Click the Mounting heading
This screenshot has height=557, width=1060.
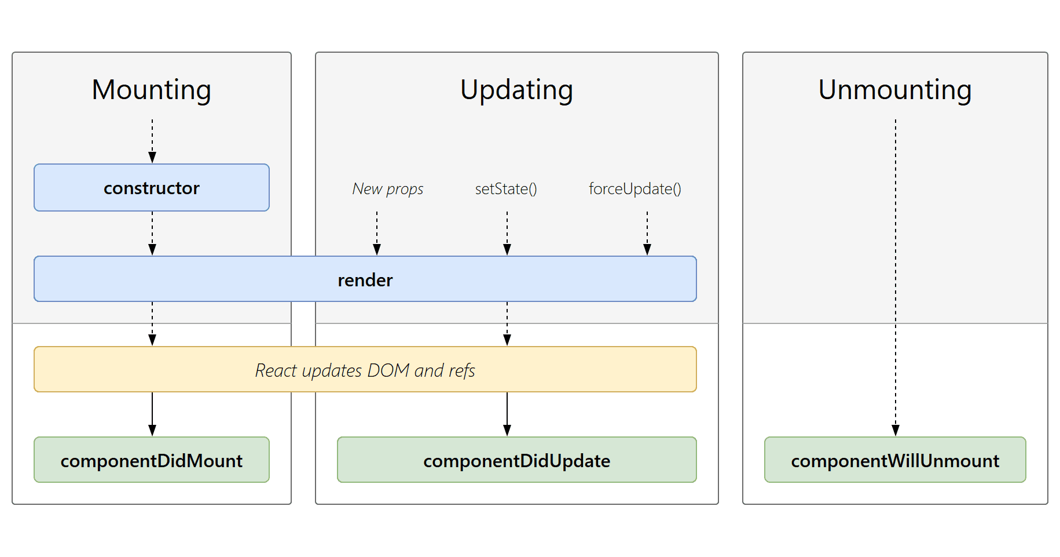152,90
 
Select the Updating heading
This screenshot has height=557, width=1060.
516,90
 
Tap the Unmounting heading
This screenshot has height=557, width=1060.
894,90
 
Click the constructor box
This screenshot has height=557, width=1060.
152,188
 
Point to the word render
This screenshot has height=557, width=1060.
365,280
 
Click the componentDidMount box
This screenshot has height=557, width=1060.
152,460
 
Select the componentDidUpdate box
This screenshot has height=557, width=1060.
516,460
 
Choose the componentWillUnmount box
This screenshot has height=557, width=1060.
894,460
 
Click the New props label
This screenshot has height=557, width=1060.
387,189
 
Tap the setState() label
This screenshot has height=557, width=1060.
506,189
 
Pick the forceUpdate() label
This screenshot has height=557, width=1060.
634,189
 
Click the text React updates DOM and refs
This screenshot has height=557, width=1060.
365,370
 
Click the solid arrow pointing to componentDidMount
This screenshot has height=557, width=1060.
152,414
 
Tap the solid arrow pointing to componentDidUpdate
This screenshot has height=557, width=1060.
507,414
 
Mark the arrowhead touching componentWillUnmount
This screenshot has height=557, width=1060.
896,430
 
